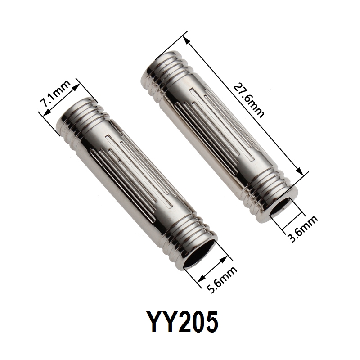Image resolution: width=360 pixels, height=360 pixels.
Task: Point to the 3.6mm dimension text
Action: click(x=303, y=229)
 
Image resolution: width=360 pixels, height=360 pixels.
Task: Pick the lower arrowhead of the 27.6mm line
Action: click(x=299, y=171)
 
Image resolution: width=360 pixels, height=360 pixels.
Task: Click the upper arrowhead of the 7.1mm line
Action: click(x=76, y=88)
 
